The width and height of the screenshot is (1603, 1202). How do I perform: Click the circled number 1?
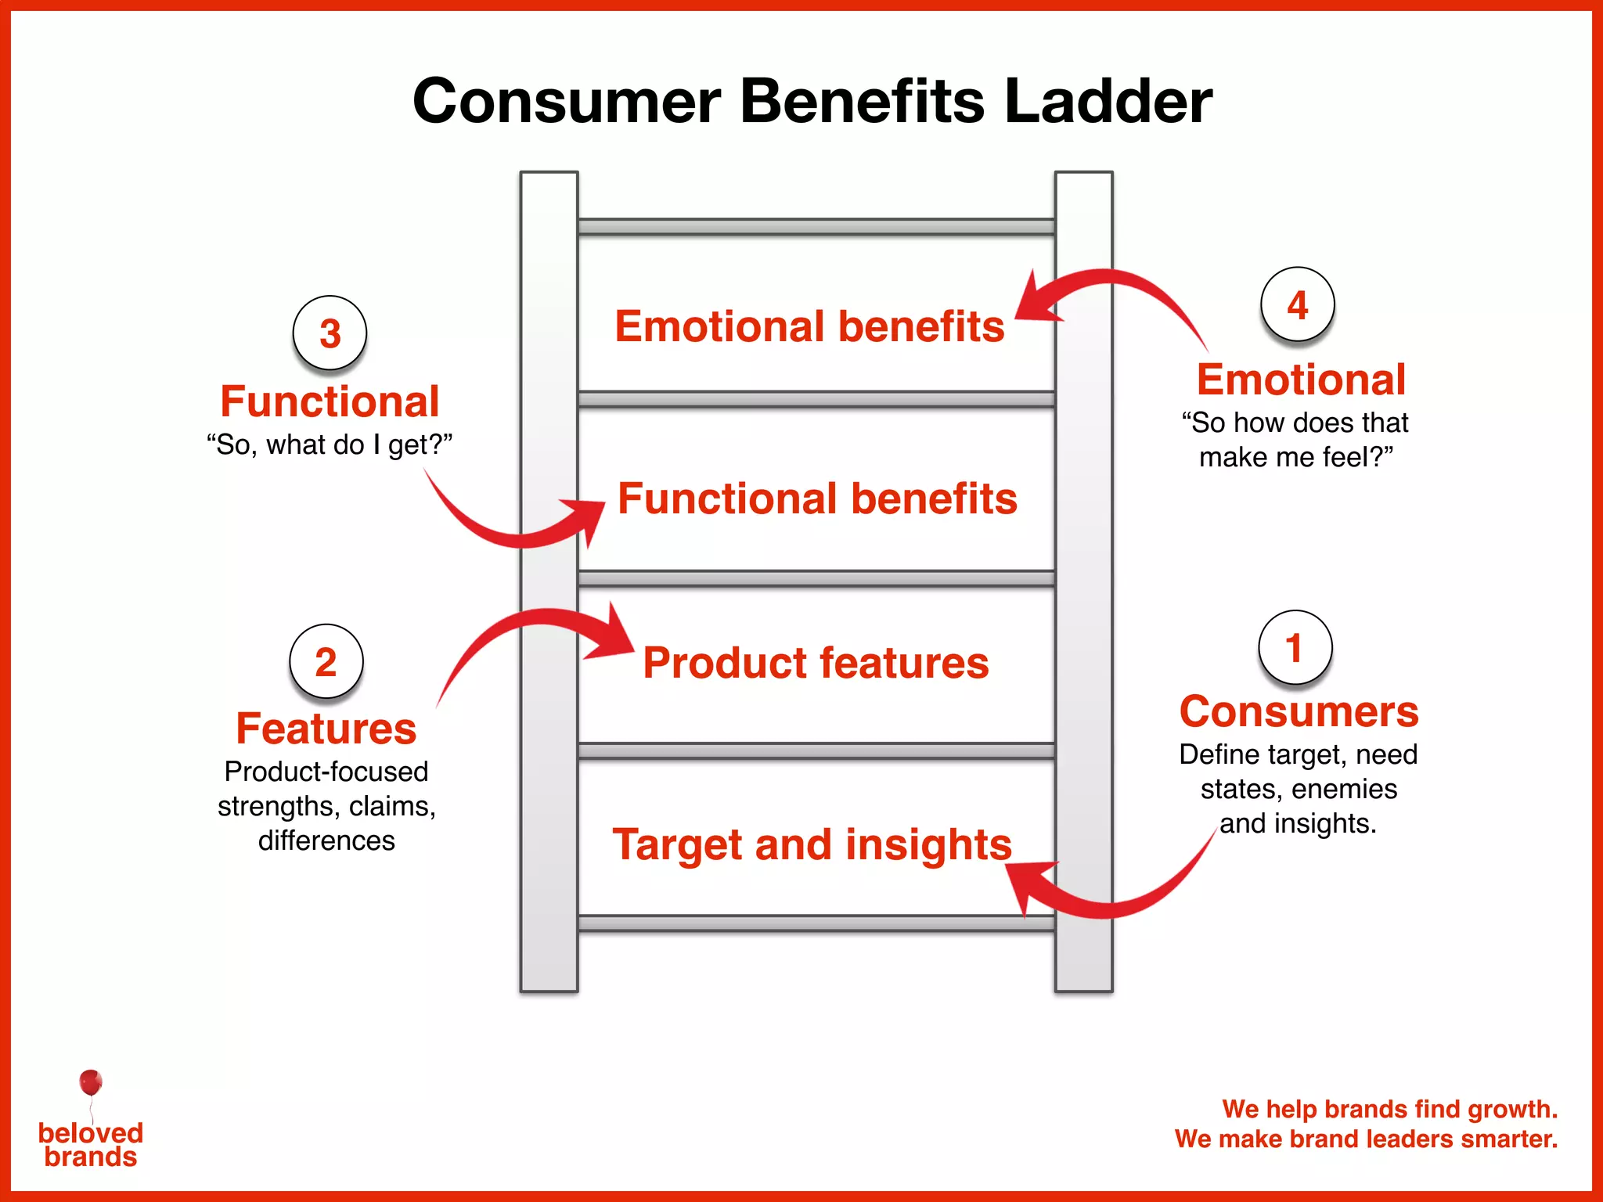(1295, 647)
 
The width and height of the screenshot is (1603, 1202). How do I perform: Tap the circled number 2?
(326, 661)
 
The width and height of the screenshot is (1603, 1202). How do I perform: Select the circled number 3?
(330, 333)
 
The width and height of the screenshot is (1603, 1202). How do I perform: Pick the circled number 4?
(1297, 304)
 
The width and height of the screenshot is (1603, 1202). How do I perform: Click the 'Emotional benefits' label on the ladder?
(809, 326)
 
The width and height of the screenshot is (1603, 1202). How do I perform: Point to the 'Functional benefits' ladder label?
(817, 498)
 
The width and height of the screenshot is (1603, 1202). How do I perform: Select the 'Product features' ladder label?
(816, 663)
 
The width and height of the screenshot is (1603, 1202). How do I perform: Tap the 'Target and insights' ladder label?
(812, 844)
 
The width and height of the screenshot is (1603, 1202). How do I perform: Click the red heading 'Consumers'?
(1299, 711)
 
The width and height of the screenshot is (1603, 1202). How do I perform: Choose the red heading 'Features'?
(326, 729)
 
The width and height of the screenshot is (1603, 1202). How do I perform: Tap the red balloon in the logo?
(91, 1082)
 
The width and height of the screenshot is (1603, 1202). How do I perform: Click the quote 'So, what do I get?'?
(330, 444)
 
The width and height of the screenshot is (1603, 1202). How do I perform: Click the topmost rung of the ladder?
(816, 227)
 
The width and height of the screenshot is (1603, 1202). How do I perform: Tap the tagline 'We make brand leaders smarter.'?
(1366, 1139)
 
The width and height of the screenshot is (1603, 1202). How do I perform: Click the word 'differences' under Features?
(326, 840)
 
